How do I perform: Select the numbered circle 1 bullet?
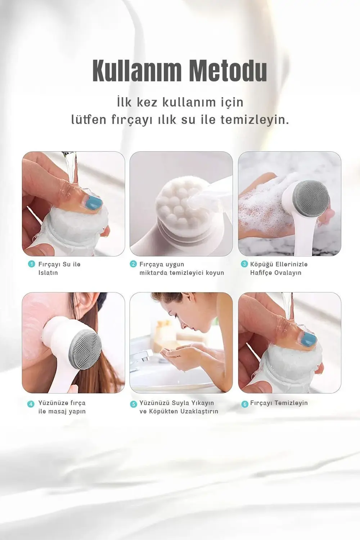tap(31, 264)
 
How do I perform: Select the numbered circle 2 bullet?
tap(133, 264)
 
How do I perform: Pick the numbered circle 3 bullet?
tap(244, 264)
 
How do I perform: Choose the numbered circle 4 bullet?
tap(31, 404)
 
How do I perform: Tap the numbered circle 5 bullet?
tap(133, 404)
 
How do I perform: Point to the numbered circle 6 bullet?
tap(244, 404)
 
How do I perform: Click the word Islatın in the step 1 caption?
tap(48, 273)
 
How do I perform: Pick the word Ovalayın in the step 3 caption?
tap(288, 273)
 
